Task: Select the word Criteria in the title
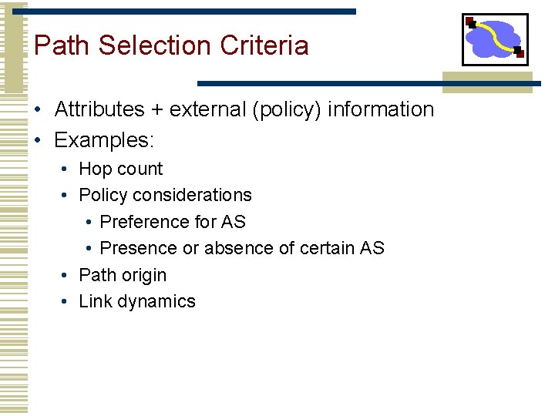click(x=264, y=45)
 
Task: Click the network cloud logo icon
click(x=495, y=39)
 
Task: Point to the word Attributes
click(x=99, y=109)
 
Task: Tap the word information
click(x=381, y=109)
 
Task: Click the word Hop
click(x=96, y=169)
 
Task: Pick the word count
click(x=140, y=169)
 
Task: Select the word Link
click(x=96, y=301)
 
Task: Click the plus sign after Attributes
click(x=157, y=110)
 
